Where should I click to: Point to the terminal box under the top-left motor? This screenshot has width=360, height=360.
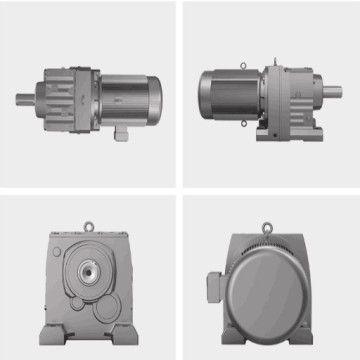(x=121, y=131)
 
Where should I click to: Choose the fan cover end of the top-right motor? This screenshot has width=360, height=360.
(x=208, y=96)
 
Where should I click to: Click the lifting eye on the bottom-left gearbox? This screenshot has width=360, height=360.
(x=89, y=227)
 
